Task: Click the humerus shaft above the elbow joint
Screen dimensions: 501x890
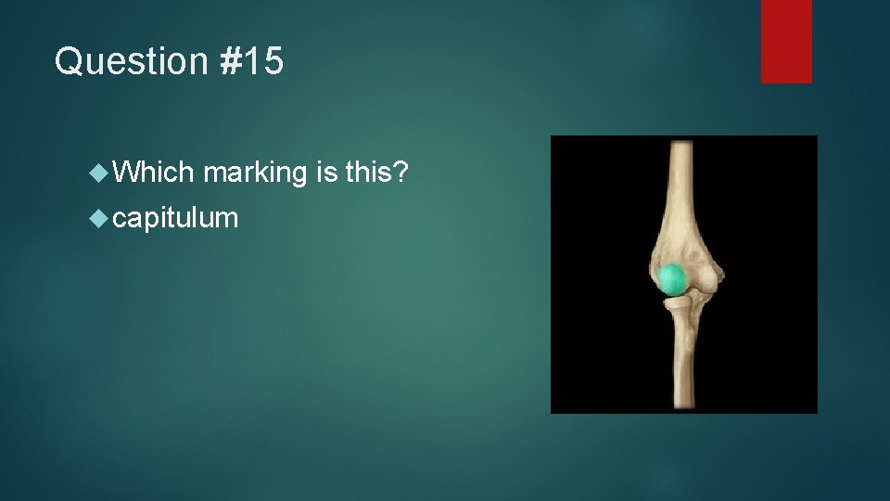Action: [682, 186]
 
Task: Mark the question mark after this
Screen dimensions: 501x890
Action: [400, 172]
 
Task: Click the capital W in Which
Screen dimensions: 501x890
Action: [127, 172]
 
